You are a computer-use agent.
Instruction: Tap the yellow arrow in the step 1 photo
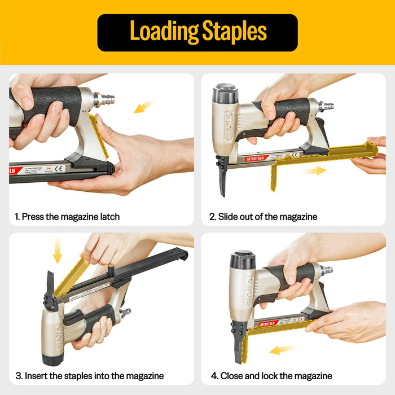[x=144, y=106]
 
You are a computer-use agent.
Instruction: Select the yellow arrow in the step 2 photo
[x=313, y=170]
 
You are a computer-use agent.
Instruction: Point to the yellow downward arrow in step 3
[x=57, y=250]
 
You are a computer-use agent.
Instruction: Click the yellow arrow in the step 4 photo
[x=283, y=350]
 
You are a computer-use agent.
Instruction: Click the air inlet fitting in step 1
[x=104, y=100]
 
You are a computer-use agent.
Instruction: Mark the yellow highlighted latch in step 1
[x=99, y=135]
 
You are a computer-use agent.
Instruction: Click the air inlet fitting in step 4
[x=326, y=270]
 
